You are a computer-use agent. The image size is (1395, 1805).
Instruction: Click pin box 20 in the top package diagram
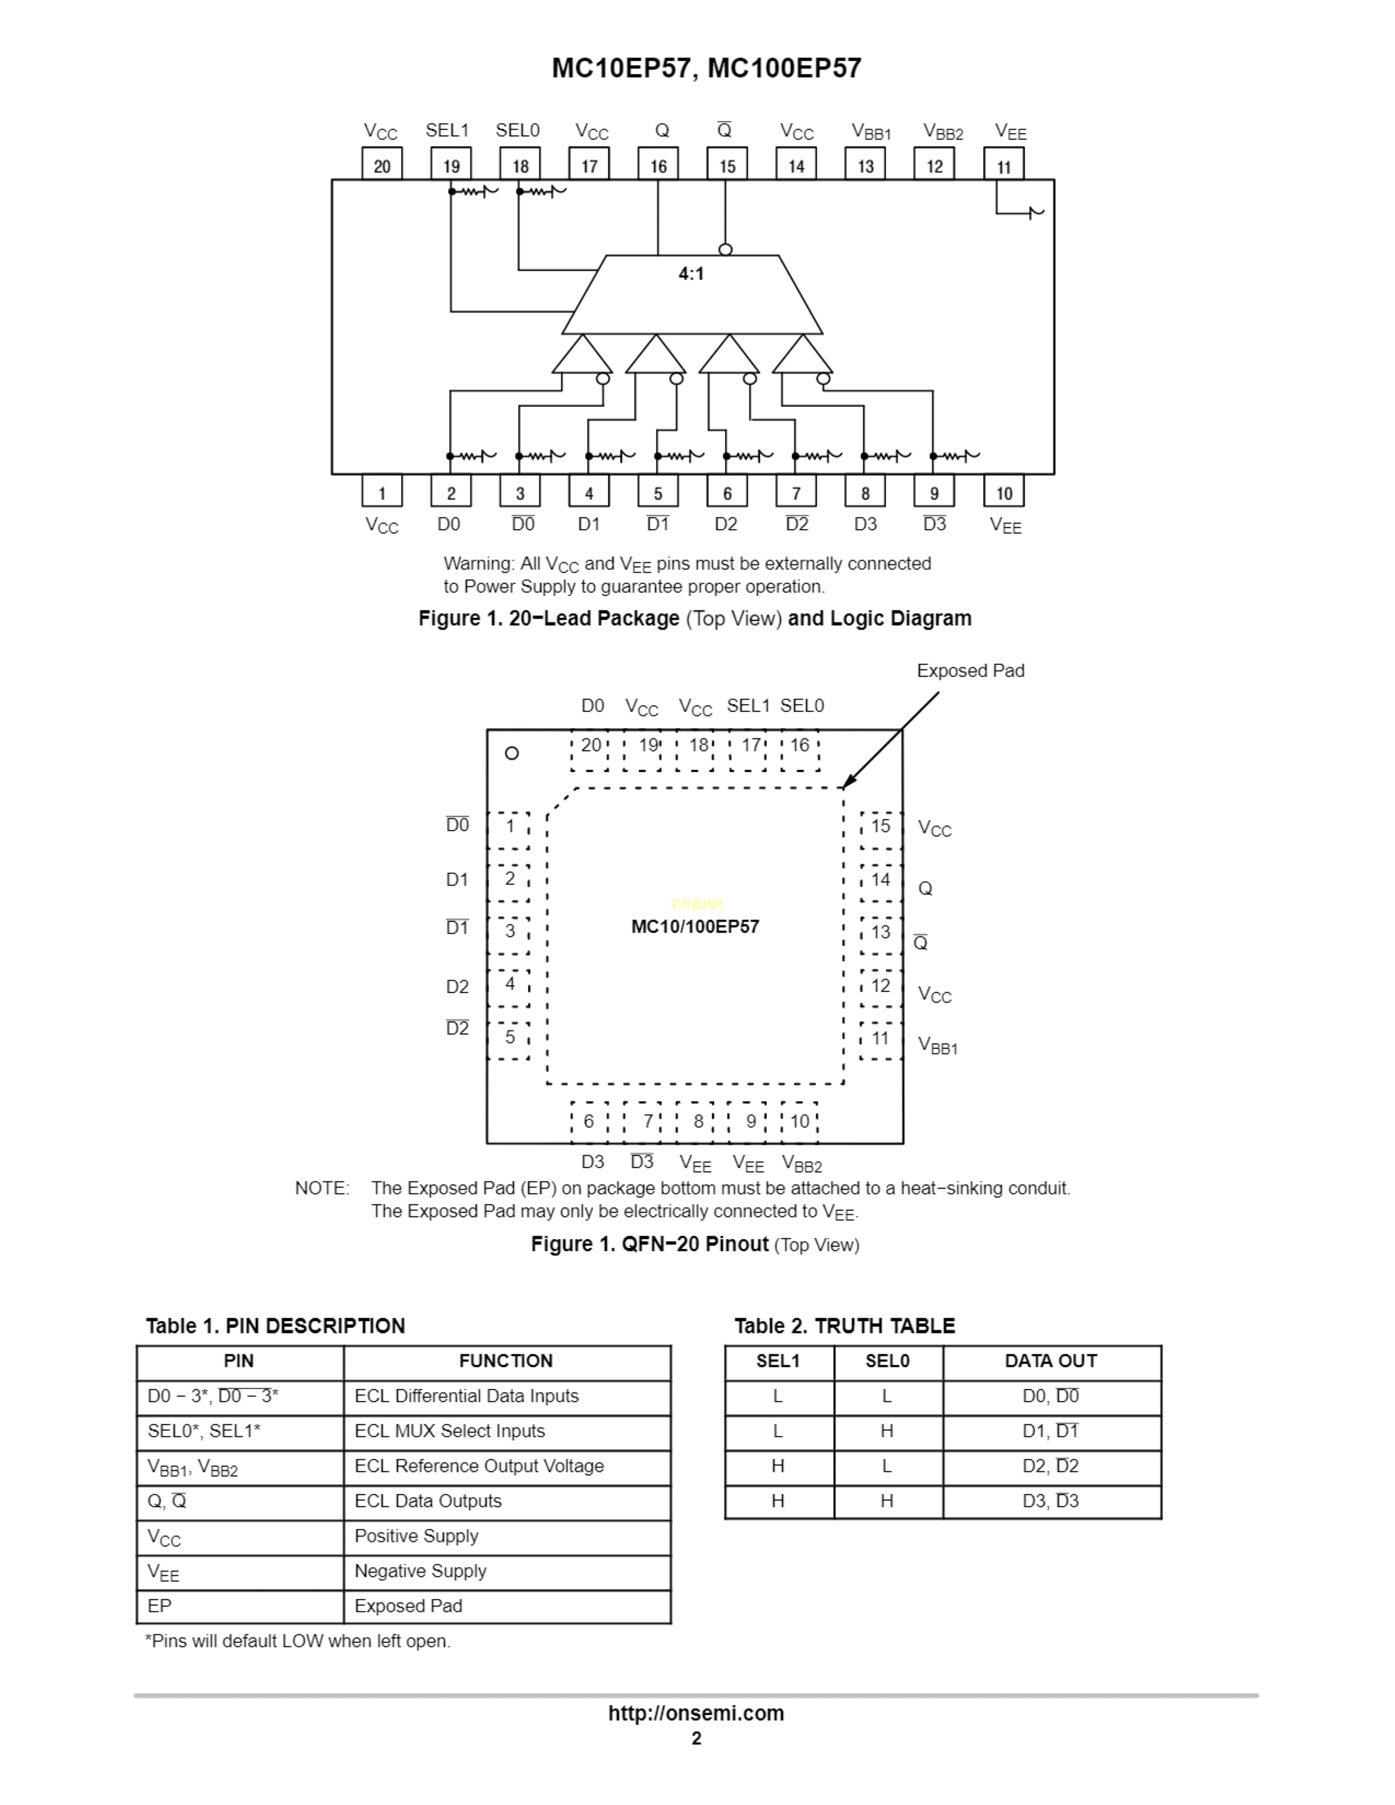point(382,165)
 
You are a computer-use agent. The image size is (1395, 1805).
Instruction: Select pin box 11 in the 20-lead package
point(1003,165)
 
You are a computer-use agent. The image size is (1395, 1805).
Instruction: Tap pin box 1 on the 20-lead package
point(382,492)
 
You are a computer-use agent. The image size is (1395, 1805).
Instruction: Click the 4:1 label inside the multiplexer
point(691,273)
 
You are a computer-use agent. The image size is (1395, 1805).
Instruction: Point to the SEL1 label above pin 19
point(447,131)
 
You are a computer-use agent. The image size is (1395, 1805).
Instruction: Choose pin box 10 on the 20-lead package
point(1003,492)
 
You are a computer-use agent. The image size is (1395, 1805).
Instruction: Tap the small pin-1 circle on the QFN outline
point(512,753)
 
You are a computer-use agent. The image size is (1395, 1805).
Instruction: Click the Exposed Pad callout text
point(970,670)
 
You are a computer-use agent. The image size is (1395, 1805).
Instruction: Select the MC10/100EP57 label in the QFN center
point(695,927)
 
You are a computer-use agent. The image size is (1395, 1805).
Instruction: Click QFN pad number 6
point(589,1121)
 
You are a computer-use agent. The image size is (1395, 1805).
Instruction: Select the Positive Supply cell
point(416,1535)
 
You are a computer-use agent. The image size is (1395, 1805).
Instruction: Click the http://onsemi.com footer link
point(696,1713)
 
